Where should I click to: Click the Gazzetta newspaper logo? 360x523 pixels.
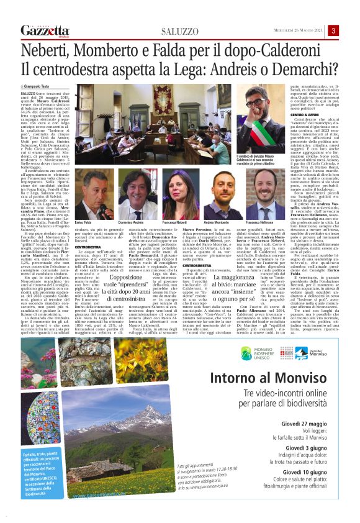coord(45,30)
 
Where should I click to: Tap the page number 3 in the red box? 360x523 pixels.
coord(334,30)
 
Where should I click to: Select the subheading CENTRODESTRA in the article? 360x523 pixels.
coord(88,247)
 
